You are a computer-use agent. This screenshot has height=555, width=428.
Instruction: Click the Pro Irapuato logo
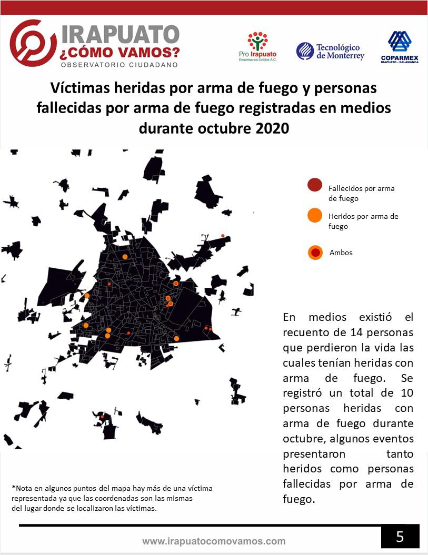pyautogui.click(x=257, y=46)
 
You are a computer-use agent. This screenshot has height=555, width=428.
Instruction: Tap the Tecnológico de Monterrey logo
pyautogui.click(x=330, y=51)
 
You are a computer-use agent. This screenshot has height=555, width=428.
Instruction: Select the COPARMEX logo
pyautogui.click(x=400, y=47)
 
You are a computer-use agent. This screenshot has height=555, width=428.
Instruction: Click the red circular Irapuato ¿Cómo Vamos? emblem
pyautogui.click(x=33, y=43)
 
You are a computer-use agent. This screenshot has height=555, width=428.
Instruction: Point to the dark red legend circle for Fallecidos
pyautogui.click(x=315, y=185)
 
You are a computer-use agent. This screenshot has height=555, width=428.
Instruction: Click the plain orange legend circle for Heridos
pyautogui.click(x=315, y=215)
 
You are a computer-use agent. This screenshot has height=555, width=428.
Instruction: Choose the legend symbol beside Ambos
pyautogui.click(x=315, y=253)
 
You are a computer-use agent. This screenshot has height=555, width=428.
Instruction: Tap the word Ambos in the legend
pyautogui.click(x=341, y=253)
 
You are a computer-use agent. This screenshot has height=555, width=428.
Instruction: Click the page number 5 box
pyautogui.click(x=400, y=537)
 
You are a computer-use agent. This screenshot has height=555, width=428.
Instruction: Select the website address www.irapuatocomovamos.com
pyautogui.click(x=214, y=541)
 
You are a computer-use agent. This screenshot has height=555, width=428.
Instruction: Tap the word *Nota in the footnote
pyautogui.click(x=21, y=488)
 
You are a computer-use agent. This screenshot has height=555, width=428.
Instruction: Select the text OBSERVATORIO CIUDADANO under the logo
pyautogui.click(x=120, y=65)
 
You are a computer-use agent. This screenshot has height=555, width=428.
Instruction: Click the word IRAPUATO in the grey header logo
pyautogui.click(x=121, y=34)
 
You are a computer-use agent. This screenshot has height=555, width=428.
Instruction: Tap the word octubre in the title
pyautogui.click(x=218, y=128)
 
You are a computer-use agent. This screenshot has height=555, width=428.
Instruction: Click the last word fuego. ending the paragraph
pyautogui.click(x=298, y=499)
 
